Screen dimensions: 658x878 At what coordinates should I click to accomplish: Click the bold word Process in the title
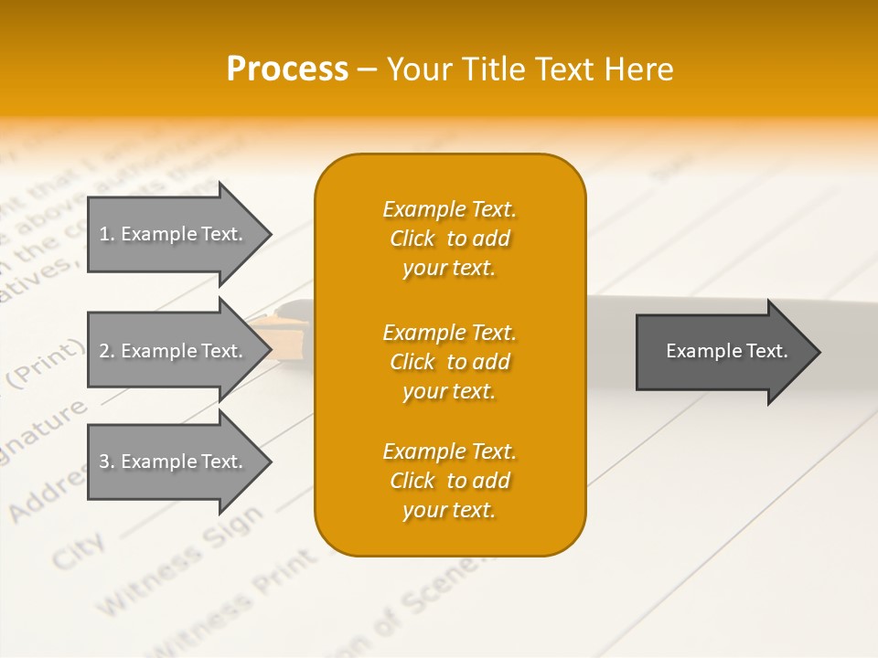pyautogui.click(x=287, y=69)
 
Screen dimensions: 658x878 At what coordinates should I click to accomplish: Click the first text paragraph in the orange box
pyautogui.click(x=449, y=239)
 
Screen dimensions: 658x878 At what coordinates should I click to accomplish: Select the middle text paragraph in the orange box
pyautogui.click(x=449, y=362)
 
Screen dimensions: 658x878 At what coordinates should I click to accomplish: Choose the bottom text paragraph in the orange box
pyautogui.click(x=449, y=481)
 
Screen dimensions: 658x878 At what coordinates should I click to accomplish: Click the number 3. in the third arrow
pyautogui.click(x=107, y=462)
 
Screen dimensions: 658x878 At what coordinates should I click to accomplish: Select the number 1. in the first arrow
pyautogui.click(x=107, y=234)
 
